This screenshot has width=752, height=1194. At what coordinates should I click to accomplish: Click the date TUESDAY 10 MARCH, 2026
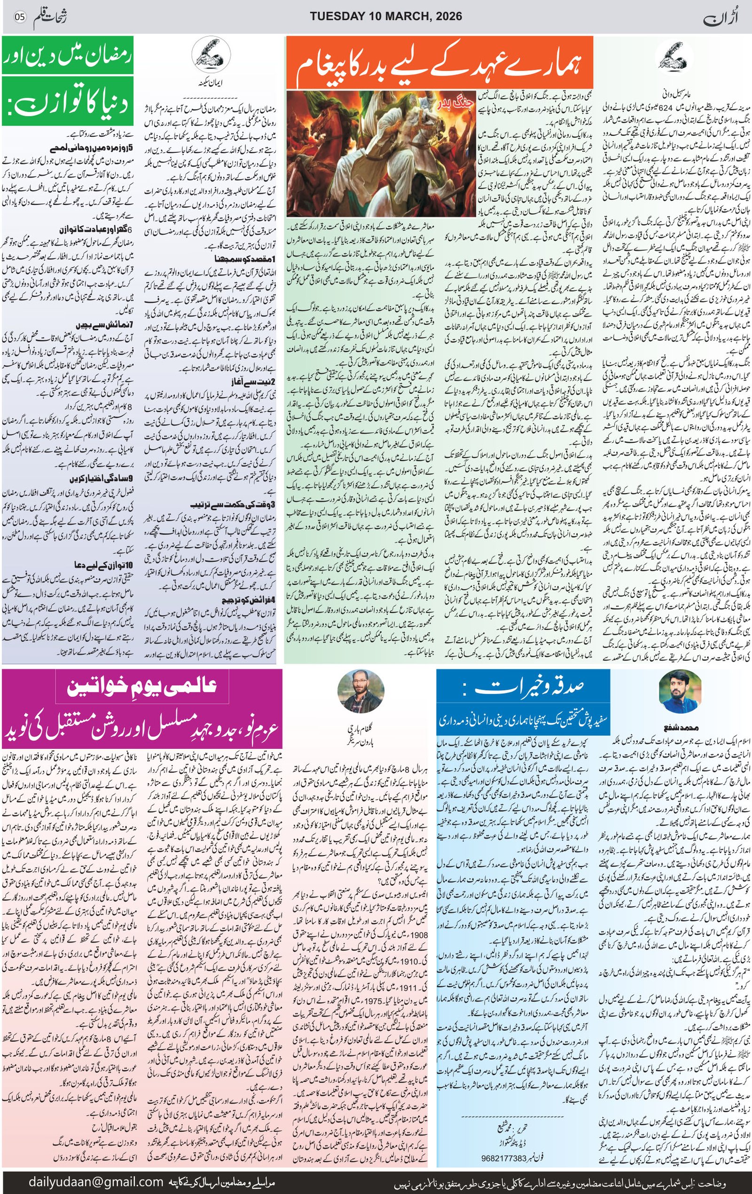386,16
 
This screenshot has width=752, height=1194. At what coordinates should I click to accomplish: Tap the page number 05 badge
20,17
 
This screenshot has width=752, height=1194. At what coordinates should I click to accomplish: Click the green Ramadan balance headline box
68,80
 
